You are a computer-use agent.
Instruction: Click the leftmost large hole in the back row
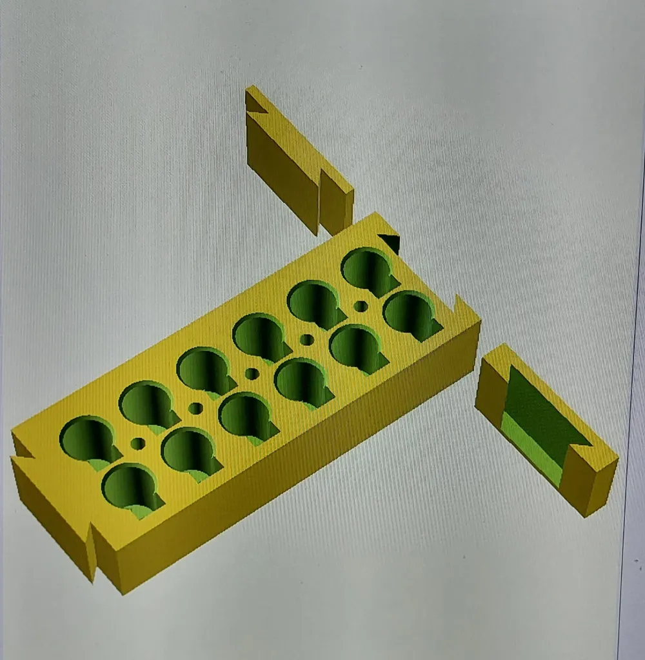point(88,438)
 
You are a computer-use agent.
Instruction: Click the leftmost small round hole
point(137,443)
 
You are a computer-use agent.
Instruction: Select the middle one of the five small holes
point(252,374)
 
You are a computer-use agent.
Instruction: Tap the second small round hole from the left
point(195,408)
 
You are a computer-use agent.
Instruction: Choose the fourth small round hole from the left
point(307,339)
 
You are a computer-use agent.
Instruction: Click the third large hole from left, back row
point(203,370)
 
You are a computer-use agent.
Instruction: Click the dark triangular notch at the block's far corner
point(390,242)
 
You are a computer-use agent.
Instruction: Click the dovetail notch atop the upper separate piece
point(257,103)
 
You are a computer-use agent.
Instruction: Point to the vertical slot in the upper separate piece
point(320,200)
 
